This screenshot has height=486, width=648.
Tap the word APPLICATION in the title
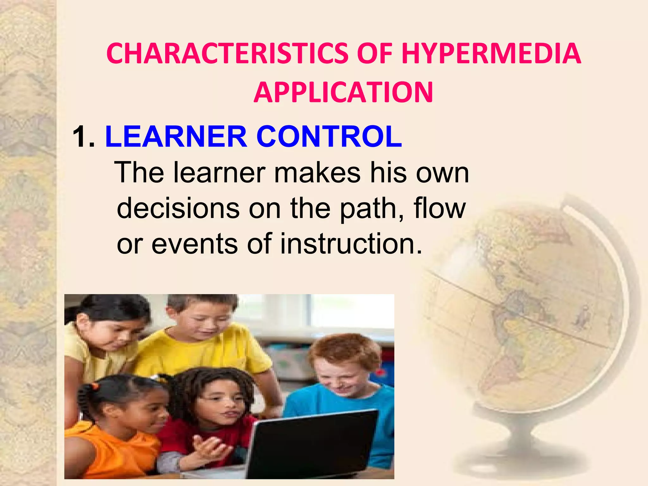pos(343,92)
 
